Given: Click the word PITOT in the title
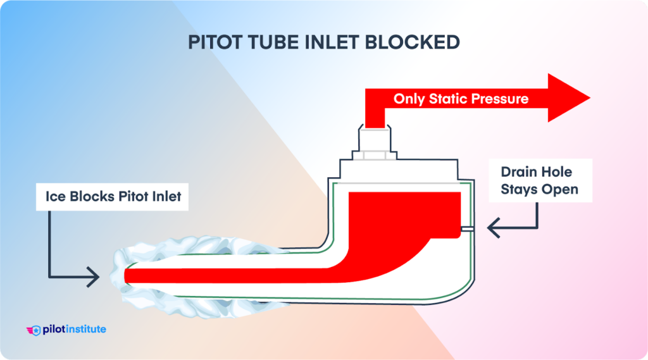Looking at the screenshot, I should coord(214,42).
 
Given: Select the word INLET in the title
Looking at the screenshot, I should coord(342,42).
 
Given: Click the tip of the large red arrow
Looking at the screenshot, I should coord(588,99).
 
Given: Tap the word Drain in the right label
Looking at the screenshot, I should coord(520,171).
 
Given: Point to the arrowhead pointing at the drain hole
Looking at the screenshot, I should coord(491,228).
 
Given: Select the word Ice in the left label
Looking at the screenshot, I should coord(54,197).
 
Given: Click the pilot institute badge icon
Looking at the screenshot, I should coord(34,330).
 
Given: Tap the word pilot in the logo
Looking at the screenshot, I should coord(54,329).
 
